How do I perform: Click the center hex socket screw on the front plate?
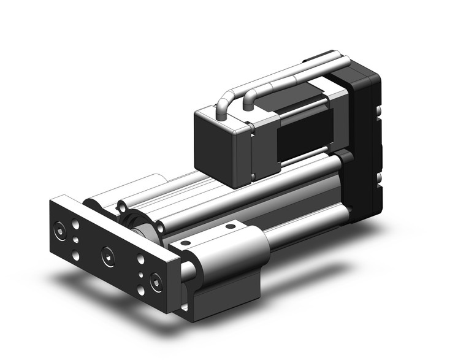click(x=108, y=254)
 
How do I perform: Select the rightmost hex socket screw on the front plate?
click(x=155, y=282)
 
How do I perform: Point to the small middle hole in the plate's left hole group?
click(x=75, y=240)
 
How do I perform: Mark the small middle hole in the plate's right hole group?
click(x=140, y=275)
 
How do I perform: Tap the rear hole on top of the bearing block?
click(x=230, y=226)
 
